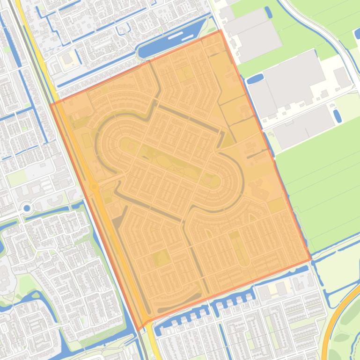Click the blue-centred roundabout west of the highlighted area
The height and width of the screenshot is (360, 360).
(x=27, y=208)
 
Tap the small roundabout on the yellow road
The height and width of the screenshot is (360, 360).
(x=94, y=187)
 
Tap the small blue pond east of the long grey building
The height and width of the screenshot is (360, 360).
(x=338, y=115)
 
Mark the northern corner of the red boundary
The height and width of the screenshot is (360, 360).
(x=220, y=30)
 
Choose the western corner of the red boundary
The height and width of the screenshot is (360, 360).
(x=51, y=103)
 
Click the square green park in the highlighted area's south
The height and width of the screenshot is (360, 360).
(x=161, y=258)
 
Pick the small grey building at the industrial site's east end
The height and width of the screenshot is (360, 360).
(x=342, y=77)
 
